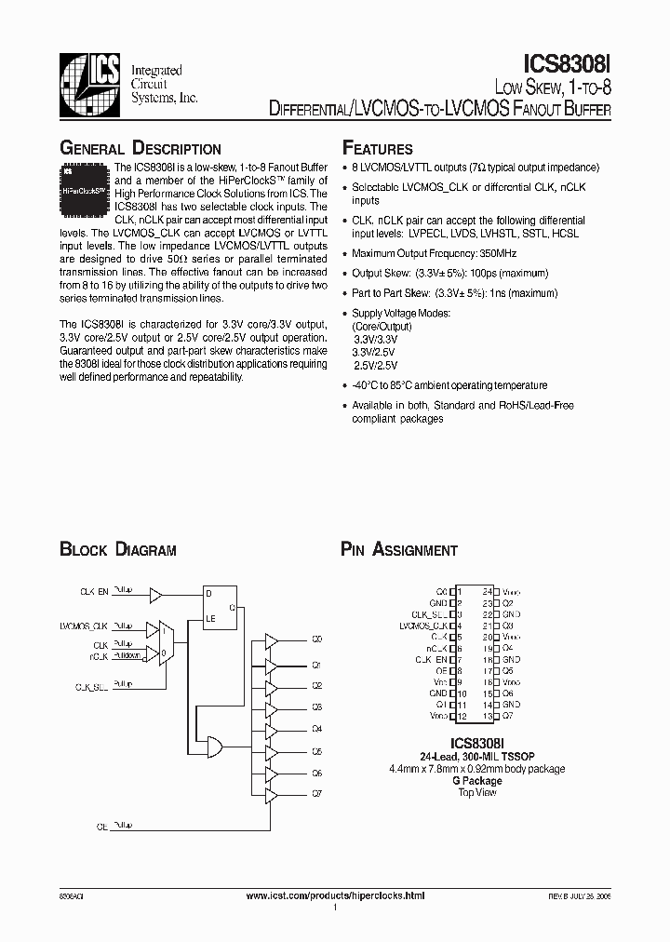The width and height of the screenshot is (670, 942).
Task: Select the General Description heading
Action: (141, 149)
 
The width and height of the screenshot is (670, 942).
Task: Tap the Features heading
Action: (378, 149)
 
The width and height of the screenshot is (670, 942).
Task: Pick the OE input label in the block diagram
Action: (102, 826)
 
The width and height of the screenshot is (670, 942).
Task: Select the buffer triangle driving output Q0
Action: (272, 639)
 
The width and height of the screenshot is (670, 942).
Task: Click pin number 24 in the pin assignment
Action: (487, 591)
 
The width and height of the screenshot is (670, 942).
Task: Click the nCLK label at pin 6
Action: (437, 648)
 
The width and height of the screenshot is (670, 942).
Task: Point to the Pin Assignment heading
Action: (399, 550)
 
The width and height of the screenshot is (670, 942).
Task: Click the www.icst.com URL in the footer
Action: (335, 895)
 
